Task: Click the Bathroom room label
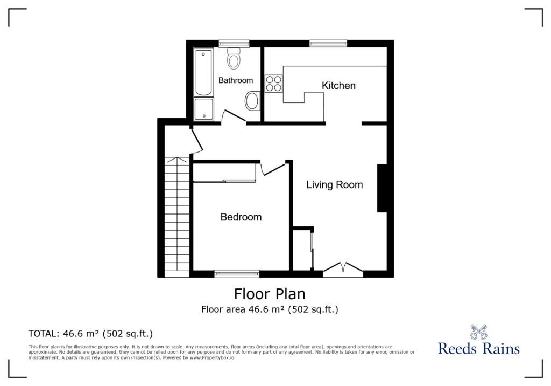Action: pyautogui.click(x=236, y=80)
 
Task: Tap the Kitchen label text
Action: pyautogui.click(x=338, y=86)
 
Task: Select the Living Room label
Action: pyautogui.click(x=335, y=184)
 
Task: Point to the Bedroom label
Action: pyautogui.click(x=241, y=217)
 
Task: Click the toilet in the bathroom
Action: pyautogui.click(x=234, y=58)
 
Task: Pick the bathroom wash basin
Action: pyautogui.click(x=252, y=101)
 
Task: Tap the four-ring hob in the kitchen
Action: pyautogui.click(x=274, y=84)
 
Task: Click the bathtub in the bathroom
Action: pyautogui.click(x=203, y=72)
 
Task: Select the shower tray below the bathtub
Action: pyautogui.click(x=203, y=109)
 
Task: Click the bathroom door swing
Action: pyautogui.click(x=234, y=116)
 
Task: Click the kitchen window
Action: pyautogui.click(x=328, y=44)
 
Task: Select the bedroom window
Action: pyautogui.click(x=237, y=274)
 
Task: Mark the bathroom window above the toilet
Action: pyautogui.click(x=234, y=44)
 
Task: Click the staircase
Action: pyautogui.click(x=177, y=217)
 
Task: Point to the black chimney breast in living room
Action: pyautogui.click(x=383, y=188)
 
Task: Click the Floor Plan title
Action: pyautogui.click(x=270, y=294)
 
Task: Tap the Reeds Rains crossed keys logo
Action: pyautogui.click(x=478, y=332)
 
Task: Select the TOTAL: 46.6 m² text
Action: pyautogui.click(x=90, y=334)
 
